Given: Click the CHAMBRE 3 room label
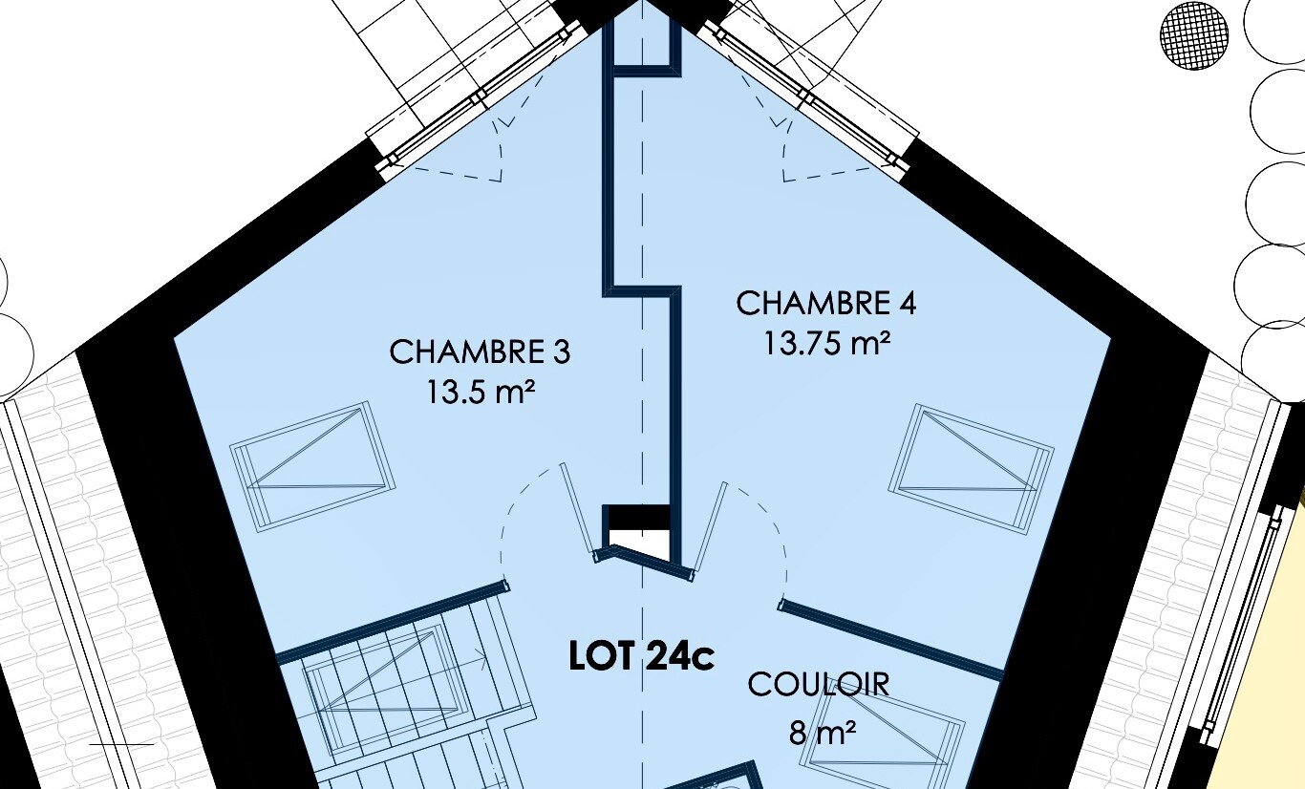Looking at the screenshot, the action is pos(480,352).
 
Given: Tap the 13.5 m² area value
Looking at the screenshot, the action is pos(481,392).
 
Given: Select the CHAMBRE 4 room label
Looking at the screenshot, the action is pos(826,304).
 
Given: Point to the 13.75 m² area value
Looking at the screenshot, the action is pos(826,343).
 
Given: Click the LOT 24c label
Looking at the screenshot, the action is pos(641,657).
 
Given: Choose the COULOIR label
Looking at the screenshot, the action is pos(819,685).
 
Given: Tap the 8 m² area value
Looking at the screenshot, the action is pos(823,733).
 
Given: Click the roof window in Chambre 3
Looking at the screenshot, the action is pos(312,466).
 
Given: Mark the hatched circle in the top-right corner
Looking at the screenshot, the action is pos(1194,36).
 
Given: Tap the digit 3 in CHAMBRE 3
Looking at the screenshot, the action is pos(561,352).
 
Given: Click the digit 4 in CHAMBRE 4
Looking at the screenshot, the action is pos(907,304).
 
